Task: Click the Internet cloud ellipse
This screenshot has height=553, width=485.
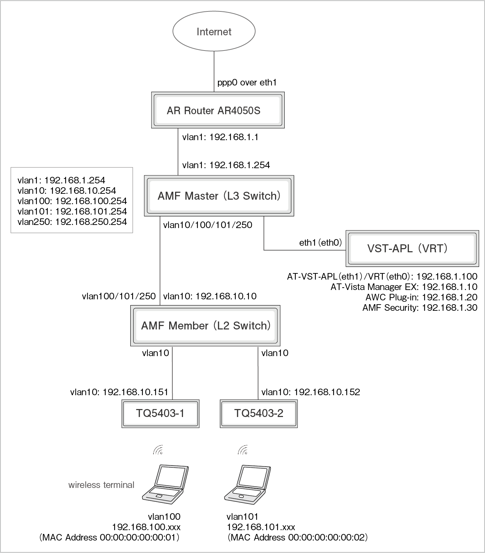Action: point(214,31)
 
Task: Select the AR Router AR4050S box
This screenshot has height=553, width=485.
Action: point(218,110)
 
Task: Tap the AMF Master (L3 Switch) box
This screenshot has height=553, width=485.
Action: point(219,196)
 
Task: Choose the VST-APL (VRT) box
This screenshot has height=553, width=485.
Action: point(412,248)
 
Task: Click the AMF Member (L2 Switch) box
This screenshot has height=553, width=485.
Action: point(205,326)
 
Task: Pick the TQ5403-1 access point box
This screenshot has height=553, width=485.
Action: point(160,413)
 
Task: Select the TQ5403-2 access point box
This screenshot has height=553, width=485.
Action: point(258,413)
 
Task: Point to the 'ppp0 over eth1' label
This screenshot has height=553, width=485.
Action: point(247,83)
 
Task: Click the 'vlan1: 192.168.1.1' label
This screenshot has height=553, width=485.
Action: point(220,137)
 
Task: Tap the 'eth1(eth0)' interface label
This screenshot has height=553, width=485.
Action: point(320,243)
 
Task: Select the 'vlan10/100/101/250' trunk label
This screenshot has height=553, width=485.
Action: point(208,225)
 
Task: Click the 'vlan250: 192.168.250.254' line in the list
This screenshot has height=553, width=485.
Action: point(72,222)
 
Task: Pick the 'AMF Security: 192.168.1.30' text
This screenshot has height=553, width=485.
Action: point(420,308)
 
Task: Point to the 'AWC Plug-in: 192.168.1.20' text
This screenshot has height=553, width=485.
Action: point(421,297)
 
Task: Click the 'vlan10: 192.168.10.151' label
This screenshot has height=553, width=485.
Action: point(119,392)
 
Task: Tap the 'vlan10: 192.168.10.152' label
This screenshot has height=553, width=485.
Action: point(311,392)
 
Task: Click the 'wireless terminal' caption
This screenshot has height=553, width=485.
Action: point(101,485)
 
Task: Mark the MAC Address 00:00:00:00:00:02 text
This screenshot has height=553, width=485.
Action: point(298,537)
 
